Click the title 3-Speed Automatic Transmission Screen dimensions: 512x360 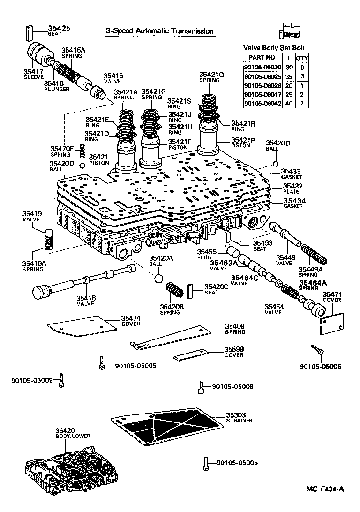click(159, 31)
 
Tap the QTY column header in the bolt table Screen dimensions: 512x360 click(303, 58)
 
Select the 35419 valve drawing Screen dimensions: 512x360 click(48, 233)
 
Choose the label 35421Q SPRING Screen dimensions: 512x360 click(212, 77)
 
